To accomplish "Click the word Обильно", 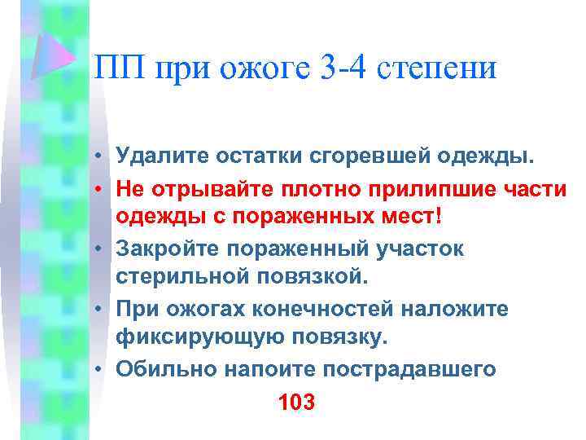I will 161,369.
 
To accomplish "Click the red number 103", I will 295,403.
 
